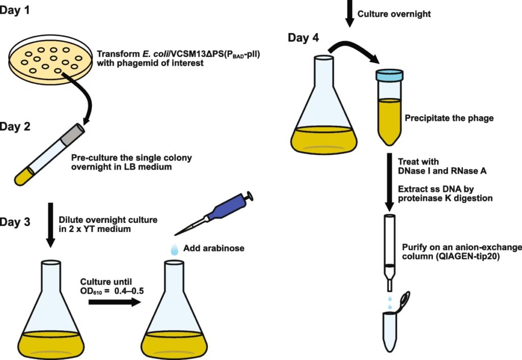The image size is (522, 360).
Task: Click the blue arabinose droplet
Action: [x=174, y=248]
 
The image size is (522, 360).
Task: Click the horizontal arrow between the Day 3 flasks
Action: [x=114, y=302]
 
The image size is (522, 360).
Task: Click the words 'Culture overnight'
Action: [x=394, y=14]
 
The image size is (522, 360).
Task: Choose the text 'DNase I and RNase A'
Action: [x=442, y=171]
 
